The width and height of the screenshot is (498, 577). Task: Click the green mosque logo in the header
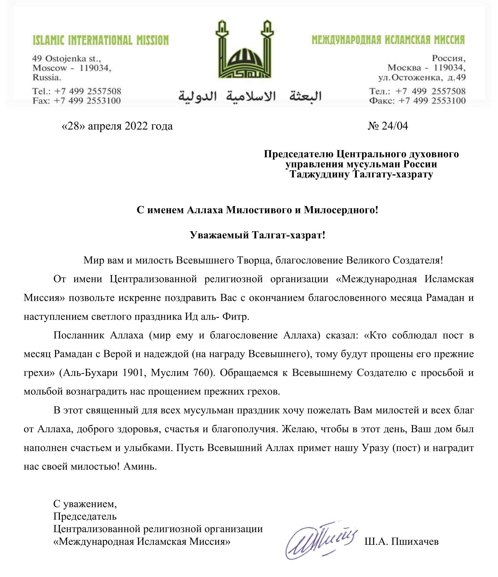click(245, 50)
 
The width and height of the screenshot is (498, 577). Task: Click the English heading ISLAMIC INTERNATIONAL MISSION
click(101, 40)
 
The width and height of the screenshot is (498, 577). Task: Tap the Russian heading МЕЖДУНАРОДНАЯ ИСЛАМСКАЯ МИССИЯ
click(388, 40)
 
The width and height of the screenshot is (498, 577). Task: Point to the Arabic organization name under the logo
click(250, 96)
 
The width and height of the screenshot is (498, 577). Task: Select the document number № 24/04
click(388, 126)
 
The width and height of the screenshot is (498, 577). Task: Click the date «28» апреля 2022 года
click(117, 126)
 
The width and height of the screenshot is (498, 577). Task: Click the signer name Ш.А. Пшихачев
click(401, 541)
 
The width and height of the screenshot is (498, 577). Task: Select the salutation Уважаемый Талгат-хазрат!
click(258, 235)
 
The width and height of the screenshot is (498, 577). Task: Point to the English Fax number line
click(77, 101)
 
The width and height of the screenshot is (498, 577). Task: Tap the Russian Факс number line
click(417, 101)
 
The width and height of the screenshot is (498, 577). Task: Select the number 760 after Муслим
click(203, 373)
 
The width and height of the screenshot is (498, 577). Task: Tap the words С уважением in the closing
click(85, 504)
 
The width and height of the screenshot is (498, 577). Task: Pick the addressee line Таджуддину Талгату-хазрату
click(361, 174)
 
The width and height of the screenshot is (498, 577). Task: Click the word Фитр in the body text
click(236, 317)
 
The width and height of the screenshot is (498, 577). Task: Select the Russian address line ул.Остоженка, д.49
click(422, 78)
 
